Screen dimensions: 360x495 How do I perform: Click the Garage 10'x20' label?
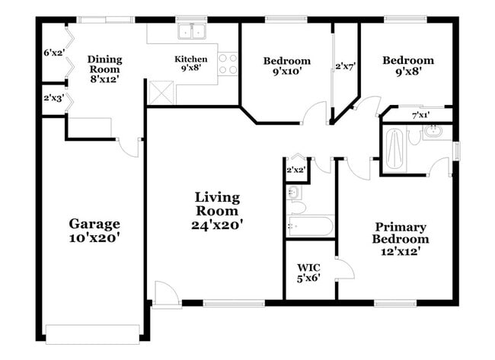(95, 230)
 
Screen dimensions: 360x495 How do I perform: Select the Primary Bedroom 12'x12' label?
(400, 238)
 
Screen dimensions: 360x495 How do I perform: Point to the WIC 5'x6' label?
(308, 272)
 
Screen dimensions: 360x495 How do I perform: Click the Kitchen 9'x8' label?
(190, 63)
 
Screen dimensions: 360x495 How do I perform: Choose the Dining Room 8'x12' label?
(104, 68)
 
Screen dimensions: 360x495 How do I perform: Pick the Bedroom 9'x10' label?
(286, 66)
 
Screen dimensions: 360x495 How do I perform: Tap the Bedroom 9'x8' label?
(408, 66)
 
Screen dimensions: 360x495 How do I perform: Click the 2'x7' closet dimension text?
(346, 67)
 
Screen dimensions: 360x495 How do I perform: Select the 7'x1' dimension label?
(420, 115)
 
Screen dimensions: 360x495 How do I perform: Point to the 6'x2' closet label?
(53, 53)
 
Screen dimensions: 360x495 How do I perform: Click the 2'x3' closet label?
(53, 97)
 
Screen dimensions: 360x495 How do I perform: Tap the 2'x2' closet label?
(295, 170)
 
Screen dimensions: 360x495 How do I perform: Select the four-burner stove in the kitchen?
(228, 63)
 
